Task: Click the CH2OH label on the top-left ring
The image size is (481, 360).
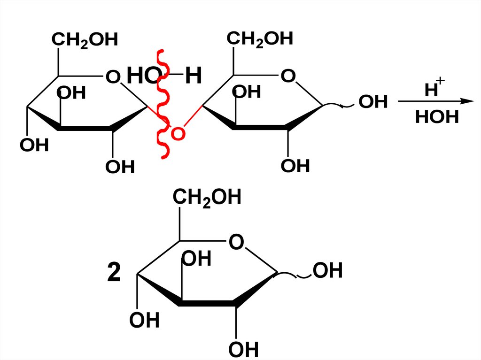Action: pos(85,40)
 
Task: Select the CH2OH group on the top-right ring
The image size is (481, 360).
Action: pos(260,39)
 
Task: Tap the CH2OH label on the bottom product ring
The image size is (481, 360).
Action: pos(207,198)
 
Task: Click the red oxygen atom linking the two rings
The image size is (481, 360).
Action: pos(178,134)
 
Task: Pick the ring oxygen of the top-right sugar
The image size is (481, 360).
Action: pos(288,76)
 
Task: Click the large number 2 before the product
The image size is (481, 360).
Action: pos(114,274)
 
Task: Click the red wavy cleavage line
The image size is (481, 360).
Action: pos(163,103)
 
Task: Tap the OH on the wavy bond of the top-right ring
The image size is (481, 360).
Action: pos(373,101)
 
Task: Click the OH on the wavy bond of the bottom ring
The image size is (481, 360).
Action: pos(328,271)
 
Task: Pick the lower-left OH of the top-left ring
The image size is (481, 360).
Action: pos(34,145)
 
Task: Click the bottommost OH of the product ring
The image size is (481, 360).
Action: pos(244,350)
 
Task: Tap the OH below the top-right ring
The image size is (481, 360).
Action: pos(295,166)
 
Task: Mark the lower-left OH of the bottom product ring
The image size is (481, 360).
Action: pos(145,321)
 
